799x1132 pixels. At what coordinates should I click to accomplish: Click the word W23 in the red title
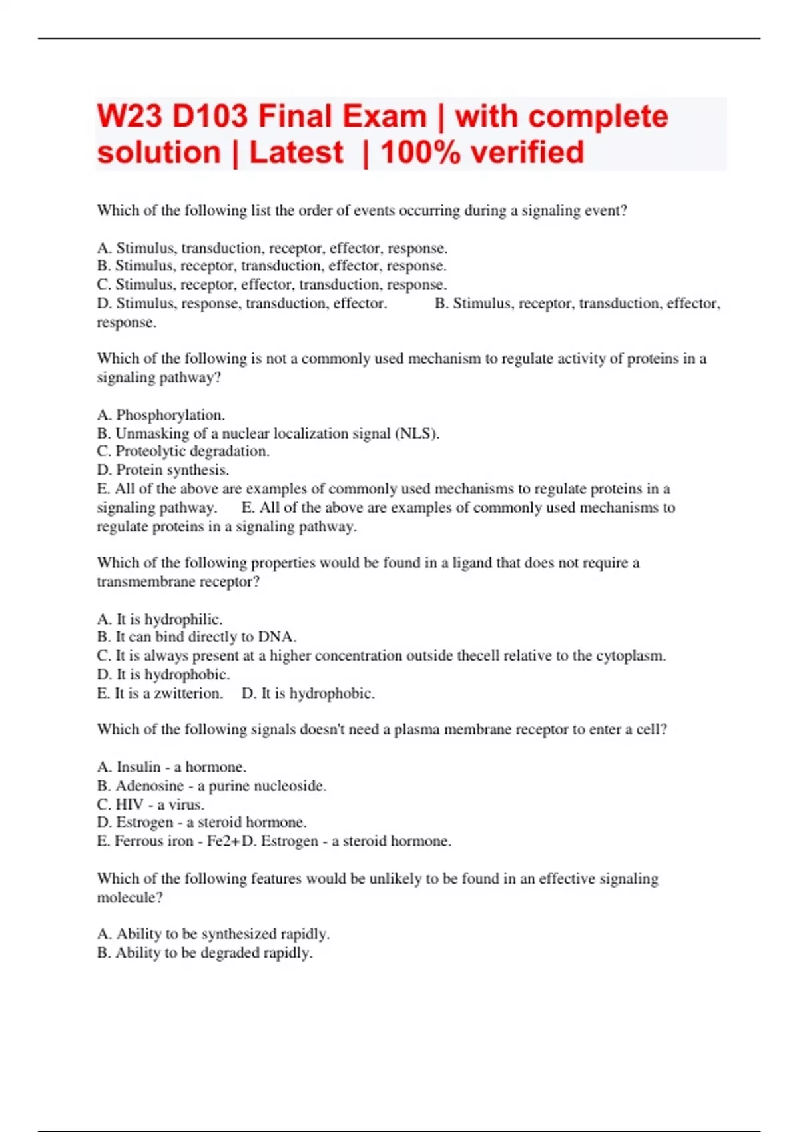[x=129, y=117]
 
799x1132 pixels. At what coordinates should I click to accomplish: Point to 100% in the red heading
[x=420, y=152]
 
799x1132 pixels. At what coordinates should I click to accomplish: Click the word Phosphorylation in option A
[x=170, y=415]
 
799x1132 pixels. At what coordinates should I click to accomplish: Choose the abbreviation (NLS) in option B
[x=417, y=433]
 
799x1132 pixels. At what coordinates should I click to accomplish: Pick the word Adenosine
[x=150, y=786]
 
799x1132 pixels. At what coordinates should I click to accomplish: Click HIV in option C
[x=130, y=804]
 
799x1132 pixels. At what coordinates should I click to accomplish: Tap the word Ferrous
[x=138, y=841]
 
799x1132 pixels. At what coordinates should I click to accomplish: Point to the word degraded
[x=230, y=953]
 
